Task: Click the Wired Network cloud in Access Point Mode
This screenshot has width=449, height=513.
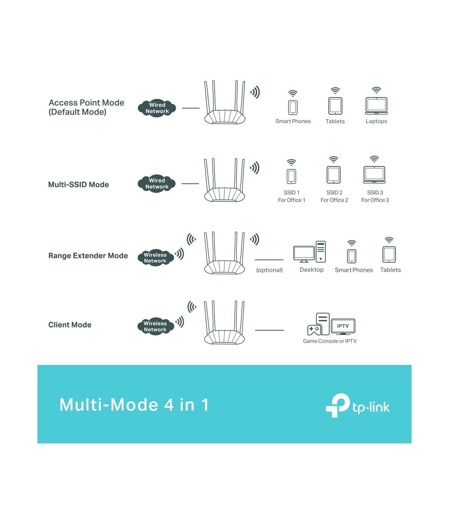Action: click(157, 108)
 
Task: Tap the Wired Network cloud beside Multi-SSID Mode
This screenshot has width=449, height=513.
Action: click(156, 184)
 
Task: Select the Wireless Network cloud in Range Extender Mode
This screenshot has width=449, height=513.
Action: click(156, 258)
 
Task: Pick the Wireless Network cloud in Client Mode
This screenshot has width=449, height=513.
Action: click(156, 326)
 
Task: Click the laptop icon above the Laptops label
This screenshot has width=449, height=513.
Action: click(376, 106)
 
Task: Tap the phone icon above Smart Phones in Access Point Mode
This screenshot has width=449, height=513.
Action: click(293, 107)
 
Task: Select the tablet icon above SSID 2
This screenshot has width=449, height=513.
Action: click(334, 175)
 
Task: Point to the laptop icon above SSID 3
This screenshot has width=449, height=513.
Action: click(374, 175)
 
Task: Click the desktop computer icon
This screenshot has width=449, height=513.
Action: click(309, 252)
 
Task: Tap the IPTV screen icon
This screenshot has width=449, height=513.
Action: click(343, 326)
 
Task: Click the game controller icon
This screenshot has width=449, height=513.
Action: click(314, 329)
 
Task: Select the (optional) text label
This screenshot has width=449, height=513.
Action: click(269, 270)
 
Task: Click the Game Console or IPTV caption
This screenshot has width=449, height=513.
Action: click(330, 341)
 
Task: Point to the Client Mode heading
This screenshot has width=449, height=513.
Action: click(70, 325)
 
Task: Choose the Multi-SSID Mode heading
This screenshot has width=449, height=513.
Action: click(79, 185)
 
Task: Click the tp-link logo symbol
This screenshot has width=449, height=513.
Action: click(337, 405)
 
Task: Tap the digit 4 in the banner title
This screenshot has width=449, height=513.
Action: click(169, 405)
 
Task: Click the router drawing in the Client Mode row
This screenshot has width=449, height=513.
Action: click(224, 322)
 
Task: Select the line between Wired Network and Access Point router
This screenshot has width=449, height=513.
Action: click(190, 108)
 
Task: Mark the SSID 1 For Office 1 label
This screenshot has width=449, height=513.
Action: click(291, 196)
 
